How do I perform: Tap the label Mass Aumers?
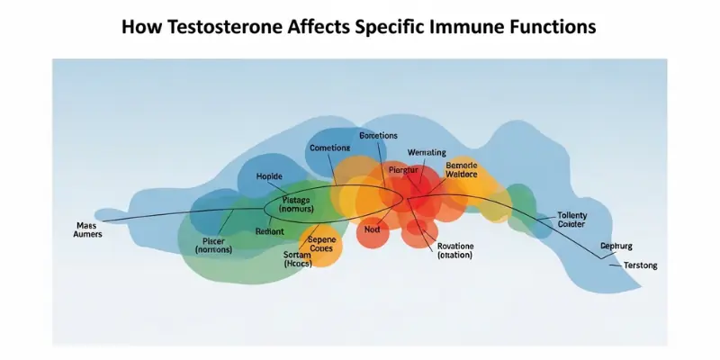click(x=86, y=229)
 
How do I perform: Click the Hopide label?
click(x=269, y=176)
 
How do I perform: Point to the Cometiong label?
click(x=329, y=148)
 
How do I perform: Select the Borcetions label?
click(x=378, y=136)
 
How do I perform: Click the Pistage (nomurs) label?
click(x=296, y=204)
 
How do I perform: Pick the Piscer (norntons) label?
click(x=214, y=245)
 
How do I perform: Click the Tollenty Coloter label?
click(x=571, y=220)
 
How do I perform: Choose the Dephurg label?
click(x=617, y=246)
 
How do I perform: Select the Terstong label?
click(x=628, y=265)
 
